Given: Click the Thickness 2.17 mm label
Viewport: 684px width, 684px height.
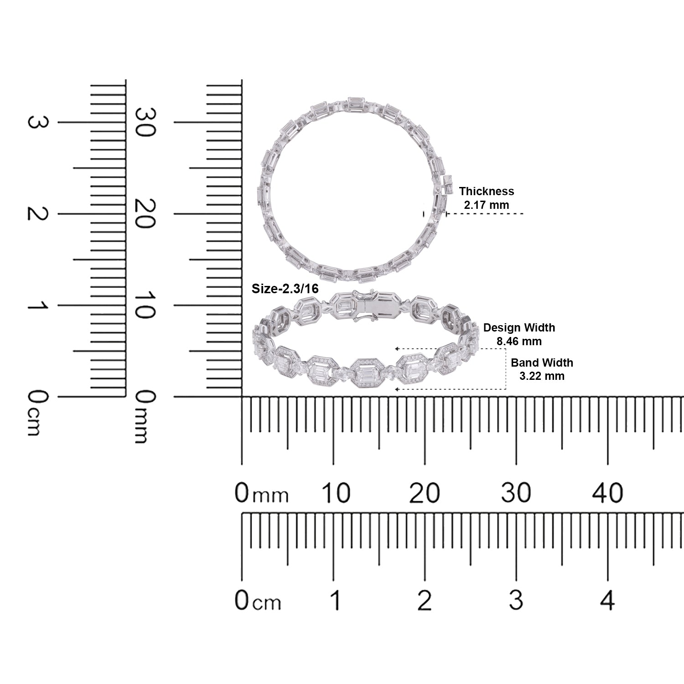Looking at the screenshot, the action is click(x=487, y=198).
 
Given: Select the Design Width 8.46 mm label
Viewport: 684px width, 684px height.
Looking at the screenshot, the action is click(x=519, y=334).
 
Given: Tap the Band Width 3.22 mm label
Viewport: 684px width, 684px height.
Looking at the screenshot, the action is click(x=542, y=369).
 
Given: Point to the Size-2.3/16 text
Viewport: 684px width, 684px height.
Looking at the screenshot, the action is click(x=285, y=289).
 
